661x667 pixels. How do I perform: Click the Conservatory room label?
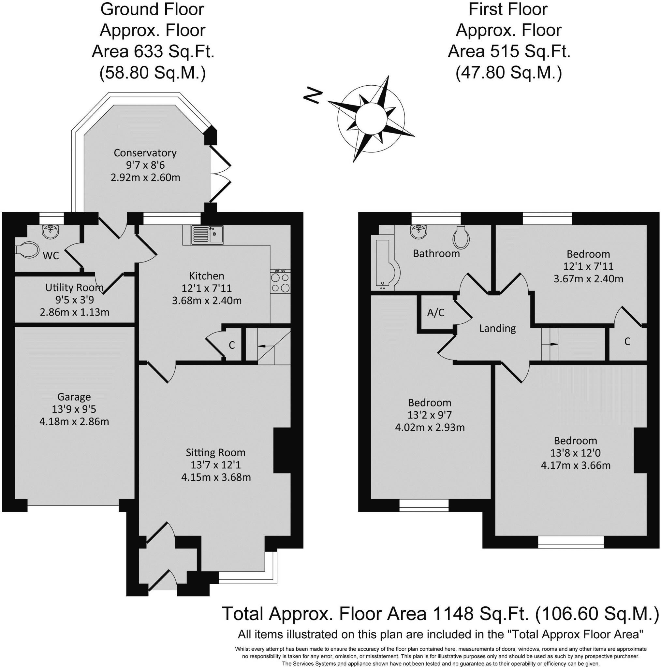145,153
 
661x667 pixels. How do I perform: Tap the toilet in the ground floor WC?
27,249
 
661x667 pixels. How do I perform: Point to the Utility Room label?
74,288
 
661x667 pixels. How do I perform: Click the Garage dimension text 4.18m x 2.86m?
74,421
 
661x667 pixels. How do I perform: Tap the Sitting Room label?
216,452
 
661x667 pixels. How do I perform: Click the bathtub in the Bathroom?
385,263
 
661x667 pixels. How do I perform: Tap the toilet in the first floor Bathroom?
461,237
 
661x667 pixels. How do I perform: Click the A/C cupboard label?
436,313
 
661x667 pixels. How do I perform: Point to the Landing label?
498,328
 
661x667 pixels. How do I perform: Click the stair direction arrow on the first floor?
551,344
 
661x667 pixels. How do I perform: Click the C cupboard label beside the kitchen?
232,345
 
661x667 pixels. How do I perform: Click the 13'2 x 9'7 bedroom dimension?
430,415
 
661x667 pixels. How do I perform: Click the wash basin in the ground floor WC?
51,232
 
